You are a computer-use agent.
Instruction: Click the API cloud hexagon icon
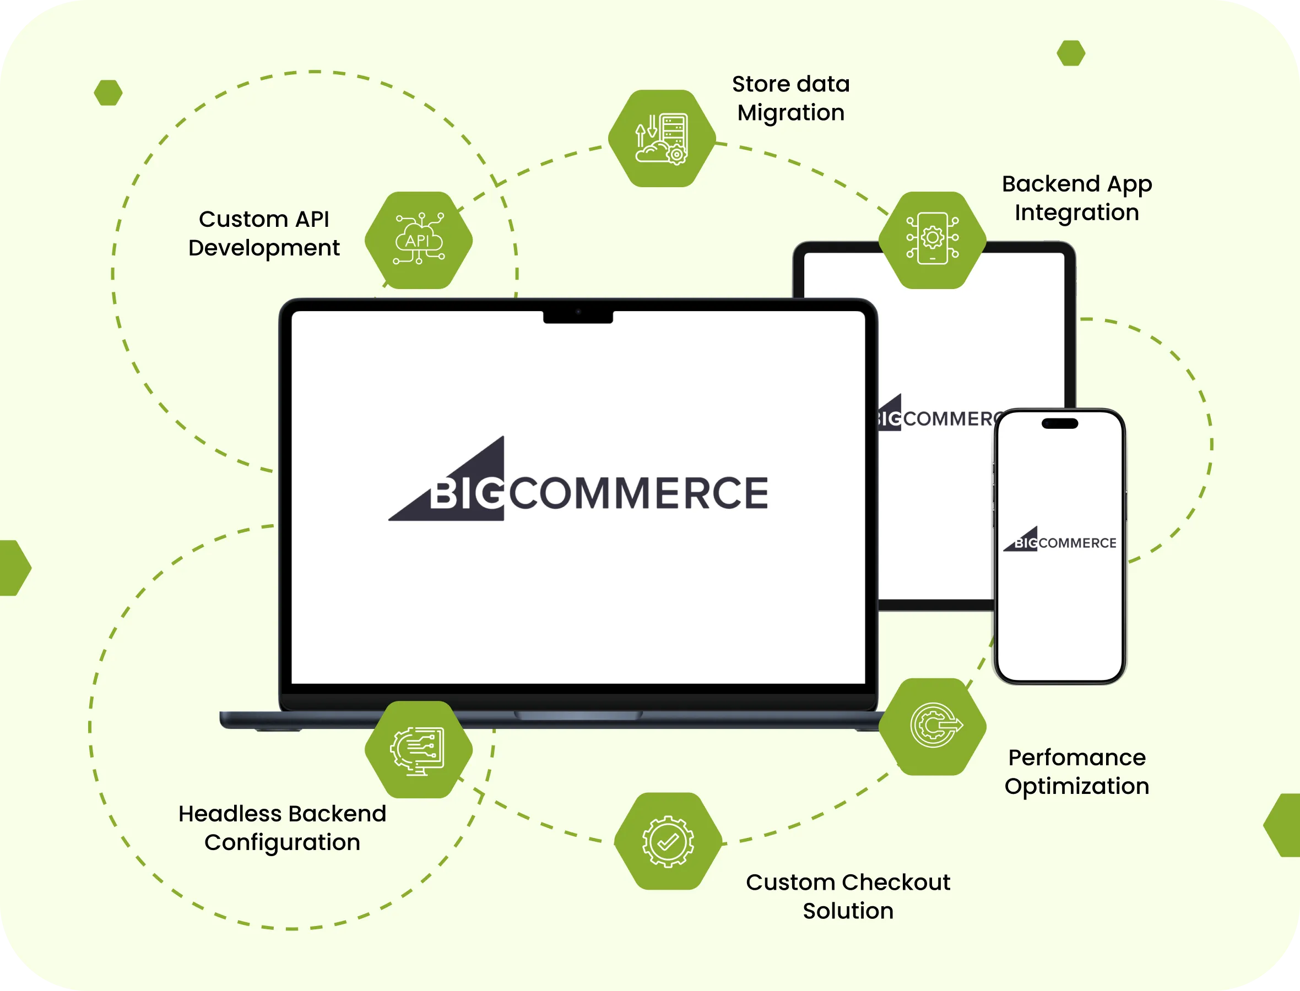(419, 240)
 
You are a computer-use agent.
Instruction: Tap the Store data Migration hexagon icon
(662, 139)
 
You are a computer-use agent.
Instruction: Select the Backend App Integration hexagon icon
(933, 239)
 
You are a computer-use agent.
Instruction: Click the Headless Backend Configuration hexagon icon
(419, 749)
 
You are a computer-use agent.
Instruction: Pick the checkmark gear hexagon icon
(668, 841)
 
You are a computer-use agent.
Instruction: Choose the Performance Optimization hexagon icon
(933, 726)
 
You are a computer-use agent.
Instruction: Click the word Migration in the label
(790, 113)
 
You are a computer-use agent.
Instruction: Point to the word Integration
(1076, 213)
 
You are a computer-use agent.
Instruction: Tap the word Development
(264, 248)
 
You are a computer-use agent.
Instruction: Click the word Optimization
(1076, 786)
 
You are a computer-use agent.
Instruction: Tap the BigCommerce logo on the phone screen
(1060, 540)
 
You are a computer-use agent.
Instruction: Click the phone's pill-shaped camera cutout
(1060, 423)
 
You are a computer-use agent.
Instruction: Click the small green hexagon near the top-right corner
(1070, 53)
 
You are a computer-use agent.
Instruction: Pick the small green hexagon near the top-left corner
(108, 92)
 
